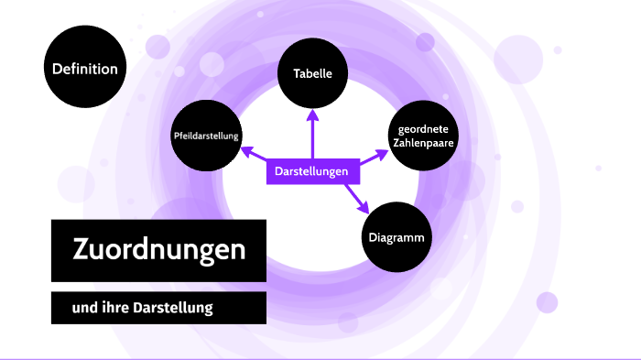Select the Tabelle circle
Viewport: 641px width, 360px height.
(x=312, y=73)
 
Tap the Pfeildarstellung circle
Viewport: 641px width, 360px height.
(x=206, y=136)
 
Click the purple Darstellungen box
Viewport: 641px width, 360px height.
(x=312, y=171)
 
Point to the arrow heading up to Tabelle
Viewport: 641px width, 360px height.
(x=312, y=133)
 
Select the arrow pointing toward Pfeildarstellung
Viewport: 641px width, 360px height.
(x=256, y=156)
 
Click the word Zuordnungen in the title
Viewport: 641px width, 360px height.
(x=158, y=249)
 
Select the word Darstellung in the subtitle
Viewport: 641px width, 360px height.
(x=174, y=308)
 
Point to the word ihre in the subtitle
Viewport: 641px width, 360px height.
(x=114, y=308)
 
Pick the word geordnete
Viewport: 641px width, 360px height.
(x=422, y=128)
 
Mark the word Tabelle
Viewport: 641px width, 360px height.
(x=312, y=73)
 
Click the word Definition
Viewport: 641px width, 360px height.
(x=84, y=68)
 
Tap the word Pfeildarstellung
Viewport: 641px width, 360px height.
(x=206, y=136)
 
